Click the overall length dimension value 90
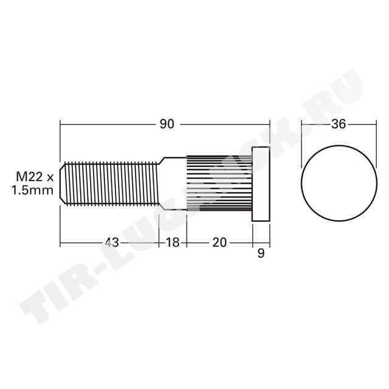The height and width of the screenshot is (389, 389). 167,124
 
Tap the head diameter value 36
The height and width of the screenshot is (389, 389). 339,124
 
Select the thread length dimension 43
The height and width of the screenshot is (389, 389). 112,242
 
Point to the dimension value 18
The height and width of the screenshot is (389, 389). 173,242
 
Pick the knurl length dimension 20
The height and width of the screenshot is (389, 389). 219,242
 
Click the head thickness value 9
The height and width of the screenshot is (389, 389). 261,253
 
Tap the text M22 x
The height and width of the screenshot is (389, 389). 35,177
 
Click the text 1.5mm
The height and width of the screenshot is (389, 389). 33,190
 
